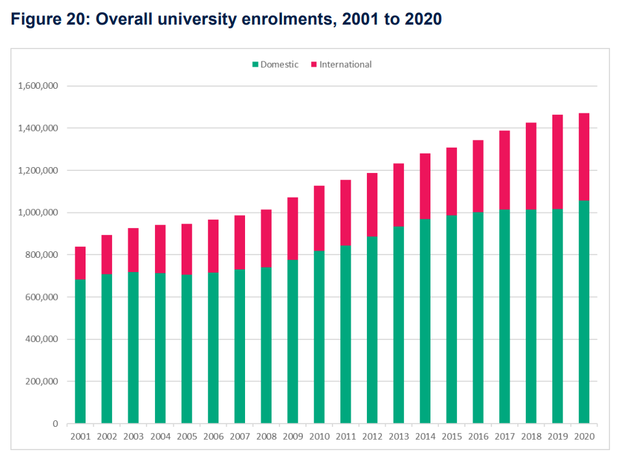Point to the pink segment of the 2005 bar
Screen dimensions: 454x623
[187, 249]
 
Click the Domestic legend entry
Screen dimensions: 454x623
[276, 64]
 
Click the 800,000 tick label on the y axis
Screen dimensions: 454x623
[40, 255]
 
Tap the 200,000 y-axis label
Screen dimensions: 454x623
[40, 381]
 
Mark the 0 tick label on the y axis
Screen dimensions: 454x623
[55, 424]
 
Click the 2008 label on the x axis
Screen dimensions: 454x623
[266, 437]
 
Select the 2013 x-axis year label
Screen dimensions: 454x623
[398, 437]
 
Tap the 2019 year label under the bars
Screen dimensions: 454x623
[558, 437]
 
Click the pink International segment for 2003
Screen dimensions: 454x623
[134, 249]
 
